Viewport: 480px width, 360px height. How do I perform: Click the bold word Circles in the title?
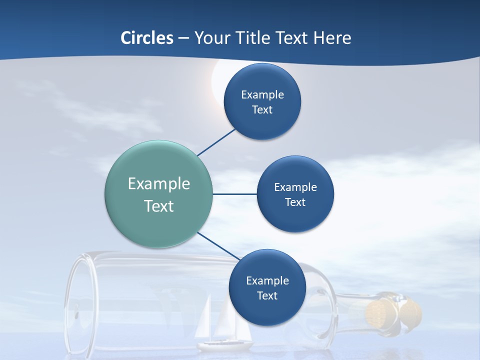[147, 38]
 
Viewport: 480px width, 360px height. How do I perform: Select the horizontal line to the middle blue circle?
[234, 194]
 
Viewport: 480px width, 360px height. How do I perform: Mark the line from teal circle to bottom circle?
[218, 245]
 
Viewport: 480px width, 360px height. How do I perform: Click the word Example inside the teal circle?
[158, 184]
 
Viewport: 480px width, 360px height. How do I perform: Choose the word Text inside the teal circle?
[158, 206]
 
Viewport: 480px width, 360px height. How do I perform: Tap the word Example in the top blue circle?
[262, 95]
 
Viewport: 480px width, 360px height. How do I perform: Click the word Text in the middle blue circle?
[295, 202]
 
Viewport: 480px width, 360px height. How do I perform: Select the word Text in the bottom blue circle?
[267, 296]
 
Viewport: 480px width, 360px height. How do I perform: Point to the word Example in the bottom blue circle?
[267, 281]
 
